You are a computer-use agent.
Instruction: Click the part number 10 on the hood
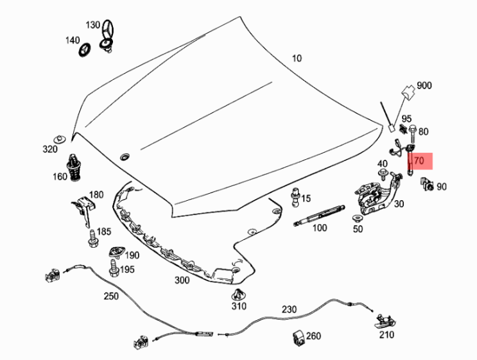pyautogui.click(x=296, y=58)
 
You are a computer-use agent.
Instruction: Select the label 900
pyautogui.click(x=424, y=86)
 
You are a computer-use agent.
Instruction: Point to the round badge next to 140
pyautogui.click(x=83, y=49)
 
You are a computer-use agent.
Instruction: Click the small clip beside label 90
pyautogui.click(x=426, y=185)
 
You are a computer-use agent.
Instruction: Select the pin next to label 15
pyautogui.click(x=296, y=197)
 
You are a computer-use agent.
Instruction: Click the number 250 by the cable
pyautogui.click(x=112, y=296)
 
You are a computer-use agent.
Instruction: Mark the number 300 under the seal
pyautogui.click(x=182, y=280)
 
